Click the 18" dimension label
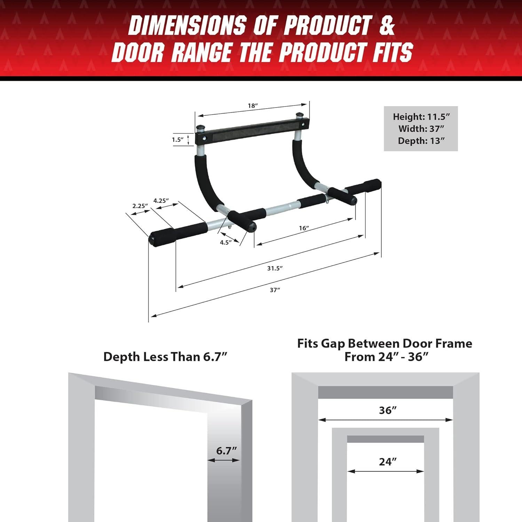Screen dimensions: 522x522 tap(253, 105)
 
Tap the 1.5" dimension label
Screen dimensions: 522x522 tap(177, 140)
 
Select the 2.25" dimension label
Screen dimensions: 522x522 tap(140, 206)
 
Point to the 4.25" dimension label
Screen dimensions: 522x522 tap(161, 200)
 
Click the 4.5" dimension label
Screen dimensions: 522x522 tap(226, 242)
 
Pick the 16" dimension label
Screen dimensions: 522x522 tap(304, 228)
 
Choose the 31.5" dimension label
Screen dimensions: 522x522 tap(275, 268)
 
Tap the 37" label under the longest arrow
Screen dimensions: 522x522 tap(275, 290)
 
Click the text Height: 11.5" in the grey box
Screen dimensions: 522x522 tap(421, 117)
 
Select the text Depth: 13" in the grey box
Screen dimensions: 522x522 tap(421, 141)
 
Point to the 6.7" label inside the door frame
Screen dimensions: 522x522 tap(226, 451)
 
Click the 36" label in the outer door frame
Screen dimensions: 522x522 tap(388, 410)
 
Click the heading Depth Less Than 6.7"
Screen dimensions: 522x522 tap(165, 357)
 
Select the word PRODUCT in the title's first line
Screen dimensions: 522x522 tap(327, 25)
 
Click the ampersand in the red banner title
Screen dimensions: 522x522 tap(387, 25)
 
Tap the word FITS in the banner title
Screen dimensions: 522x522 tap(392, 52)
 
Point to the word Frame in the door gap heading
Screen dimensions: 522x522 tap(454, 343)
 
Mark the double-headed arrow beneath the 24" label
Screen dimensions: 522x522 tap(386, 472)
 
